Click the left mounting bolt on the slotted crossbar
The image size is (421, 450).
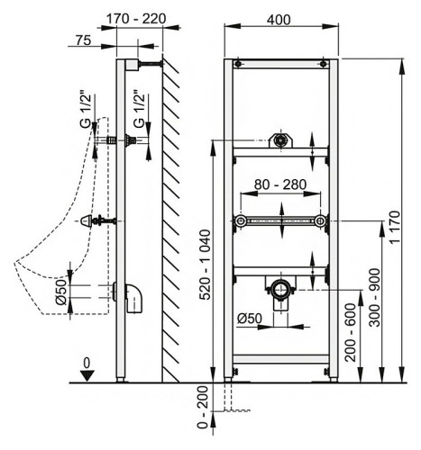click(x=239, y=221)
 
